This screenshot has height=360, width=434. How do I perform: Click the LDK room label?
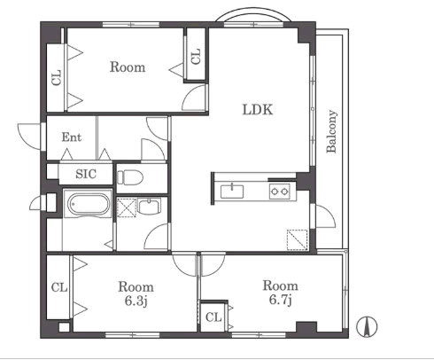(258, 110)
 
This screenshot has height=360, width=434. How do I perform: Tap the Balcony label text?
(331, 131)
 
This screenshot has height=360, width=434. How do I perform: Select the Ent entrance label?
(72, 137)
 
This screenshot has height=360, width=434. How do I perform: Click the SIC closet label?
(86, 174)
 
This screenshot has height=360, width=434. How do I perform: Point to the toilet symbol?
(130, 177)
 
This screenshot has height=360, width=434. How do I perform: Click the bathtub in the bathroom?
(88, 204)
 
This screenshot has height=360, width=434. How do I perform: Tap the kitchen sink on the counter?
(232, 192)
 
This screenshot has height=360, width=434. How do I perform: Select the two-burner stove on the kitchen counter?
(279, 192)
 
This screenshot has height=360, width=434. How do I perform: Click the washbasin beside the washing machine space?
(150, 207)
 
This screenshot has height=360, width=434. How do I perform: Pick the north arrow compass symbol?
(367, 326)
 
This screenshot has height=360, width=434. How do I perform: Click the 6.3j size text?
(136, 301)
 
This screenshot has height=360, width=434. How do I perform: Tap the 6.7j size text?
(281, 300)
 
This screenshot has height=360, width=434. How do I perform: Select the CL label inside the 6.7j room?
(213, 317)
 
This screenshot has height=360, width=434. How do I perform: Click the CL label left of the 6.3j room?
(59, 287)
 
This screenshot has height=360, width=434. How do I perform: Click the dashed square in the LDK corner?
(298, 239)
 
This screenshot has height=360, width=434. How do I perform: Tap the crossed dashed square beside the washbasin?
(127, 207)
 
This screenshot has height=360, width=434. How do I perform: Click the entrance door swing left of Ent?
(29, 137)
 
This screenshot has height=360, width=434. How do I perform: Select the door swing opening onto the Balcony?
(326, 216)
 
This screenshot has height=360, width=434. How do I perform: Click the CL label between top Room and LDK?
(196, 57)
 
